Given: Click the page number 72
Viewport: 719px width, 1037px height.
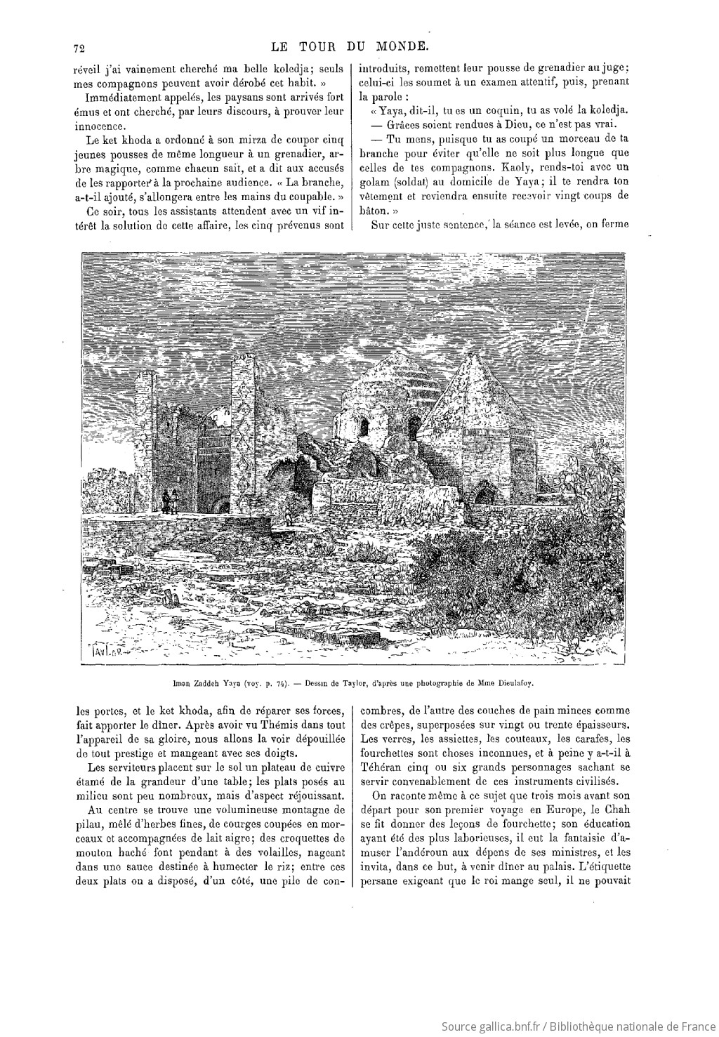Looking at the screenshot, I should tap(78, 48).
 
